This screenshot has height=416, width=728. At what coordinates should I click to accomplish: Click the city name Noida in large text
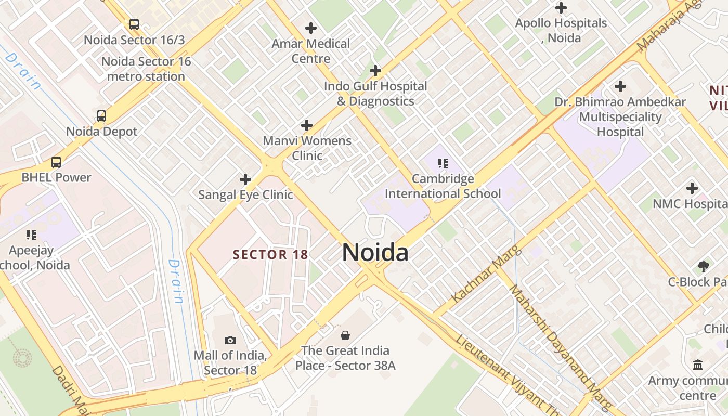[375, 253]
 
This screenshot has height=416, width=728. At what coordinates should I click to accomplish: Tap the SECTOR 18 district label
[270, 255]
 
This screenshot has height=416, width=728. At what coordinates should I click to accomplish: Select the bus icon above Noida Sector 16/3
[134, 24]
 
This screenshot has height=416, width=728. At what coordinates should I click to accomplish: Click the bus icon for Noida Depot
[101, 116]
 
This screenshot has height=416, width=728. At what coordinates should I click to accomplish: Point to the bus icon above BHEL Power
[56, 162]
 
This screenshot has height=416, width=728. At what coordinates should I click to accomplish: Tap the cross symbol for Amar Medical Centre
[311, 28]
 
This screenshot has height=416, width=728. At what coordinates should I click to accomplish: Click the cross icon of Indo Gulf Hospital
[375, 71]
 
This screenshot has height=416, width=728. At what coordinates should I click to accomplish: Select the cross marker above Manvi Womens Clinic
[307, 125]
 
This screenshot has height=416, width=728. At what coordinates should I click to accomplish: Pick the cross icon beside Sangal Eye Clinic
[245, 180]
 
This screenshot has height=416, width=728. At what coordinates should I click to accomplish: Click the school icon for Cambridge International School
[443, 163]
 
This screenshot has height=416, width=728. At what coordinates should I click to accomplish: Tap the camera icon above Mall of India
[230, 341]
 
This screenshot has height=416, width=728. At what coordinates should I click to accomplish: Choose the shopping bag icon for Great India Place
[345, 335]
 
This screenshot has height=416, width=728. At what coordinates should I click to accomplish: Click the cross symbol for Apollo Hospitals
[561, 8]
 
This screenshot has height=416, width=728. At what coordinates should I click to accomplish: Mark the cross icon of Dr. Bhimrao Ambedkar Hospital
[620, 86]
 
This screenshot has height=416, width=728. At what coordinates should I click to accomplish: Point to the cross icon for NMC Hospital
[692, 188]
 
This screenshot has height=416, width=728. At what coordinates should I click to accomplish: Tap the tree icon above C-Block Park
[703, 267]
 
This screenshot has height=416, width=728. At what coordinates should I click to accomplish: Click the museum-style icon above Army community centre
[698, 365]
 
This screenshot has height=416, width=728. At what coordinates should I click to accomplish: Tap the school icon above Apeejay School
[31, 235]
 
